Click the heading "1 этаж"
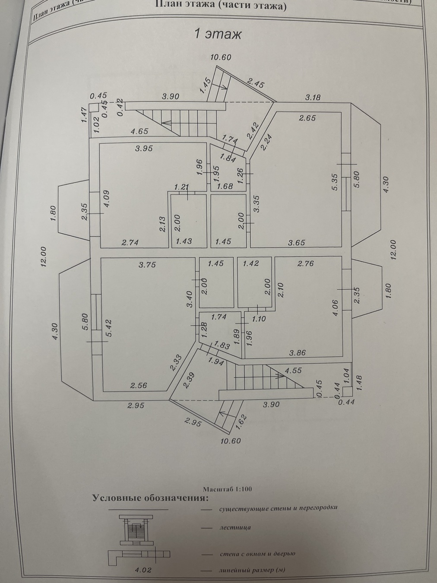(x=218, y=34)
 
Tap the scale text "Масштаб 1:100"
(x=227, y=489)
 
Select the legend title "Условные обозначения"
(x=150, y=498)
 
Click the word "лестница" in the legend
(x=235, y=527)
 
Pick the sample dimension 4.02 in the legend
(x=143, y=570)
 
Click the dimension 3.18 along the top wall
(x=313, y=98)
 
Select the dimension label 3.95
(x=144, y=149)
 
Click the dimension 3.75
(x=147, y=265)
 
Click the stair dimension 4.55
(x=293, y=371)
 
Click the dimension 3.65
(x=296, y=242)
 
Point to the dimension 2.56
(x=138, y=386)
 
